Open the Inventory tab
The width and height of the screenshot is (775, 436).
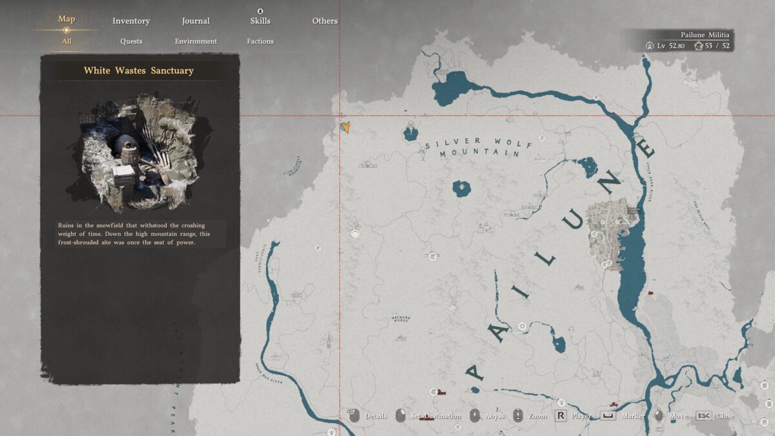pos(131,21)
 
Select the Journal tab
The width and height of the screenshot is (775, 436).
pos(196,21)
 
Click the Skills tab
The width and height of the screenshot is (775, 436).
pos(260,21)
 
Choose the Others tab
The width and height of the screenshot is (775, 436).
pos(325,21)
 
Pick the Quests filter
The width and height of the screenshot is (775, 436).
pos(131,41)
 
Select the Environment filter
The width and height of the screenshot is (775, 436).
pos(196,41)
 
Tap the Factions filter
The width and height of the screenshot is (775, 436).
pos(260,41)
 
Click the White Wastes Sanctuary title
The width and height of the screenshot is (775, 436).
pos(139,70)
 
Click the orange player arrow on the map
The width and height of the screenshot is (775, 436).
pos(346,127)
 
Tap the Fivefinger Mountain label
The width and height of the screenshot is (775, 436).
pos(292,167)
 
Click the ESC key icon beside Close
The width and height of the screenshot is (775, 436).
pos(703,416)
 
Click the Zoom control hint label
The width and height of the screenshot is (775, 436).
pos(538,416)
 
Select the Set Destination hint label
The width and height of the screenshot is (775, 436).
pos(436,416)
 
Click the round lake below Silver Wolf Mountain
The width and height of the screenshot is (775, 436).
pos(462,189)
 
